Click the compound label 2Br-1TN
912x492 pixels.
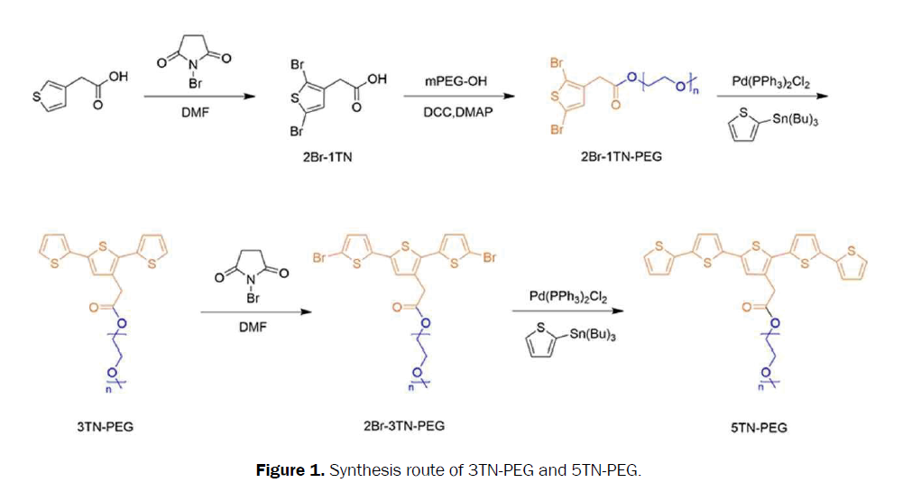coord(327,156)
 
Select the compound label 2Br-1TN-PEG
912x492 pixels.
coord(622,156)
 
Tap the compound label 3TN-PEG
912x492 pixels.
coord(106,427)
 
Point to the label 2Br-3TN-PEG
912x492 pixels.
coord(404,425)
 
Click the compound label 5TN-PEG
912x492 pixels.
coord(759,428)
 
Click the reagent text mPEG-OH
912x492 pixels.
coord(456,81)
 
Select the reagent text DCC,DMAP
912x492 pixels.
coord(457,112)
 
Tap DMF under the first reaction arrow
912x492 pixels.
coord(196,112)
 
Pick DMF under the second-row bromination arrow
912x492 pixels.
coord(253,327)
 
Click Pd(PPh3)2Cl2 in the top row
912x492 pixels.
coord(770,82)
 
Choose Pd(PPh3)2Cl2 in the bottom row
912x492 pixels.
coord(568,297)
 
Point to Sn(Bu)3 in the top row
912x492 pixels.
coord(795,120)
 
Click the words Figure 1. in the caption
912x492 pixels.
coord(290,469)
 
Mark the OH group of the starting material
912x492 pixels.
coord(118,76)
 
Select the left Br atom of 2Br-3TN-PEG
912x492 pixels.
coord(319,257)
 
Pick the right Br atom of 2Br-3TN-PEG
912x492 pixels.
coord(489,257)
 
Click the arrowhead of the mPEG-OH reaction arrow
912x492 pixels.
coord(509,96)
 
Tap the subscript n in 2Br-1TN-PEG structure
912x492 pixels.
coord(696,91)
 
